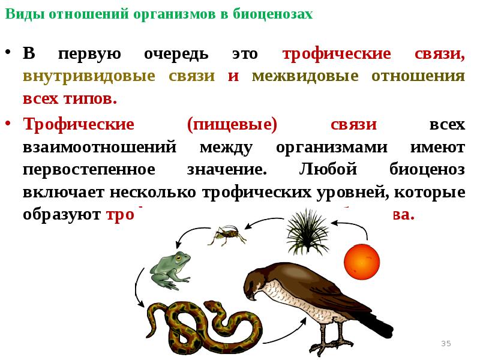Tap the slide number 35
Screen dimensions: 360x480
coord(446,343)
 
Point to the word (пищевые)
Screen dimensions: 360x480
coord(232,125)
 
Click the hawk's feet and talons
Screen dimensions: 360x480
coord(327,345)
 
